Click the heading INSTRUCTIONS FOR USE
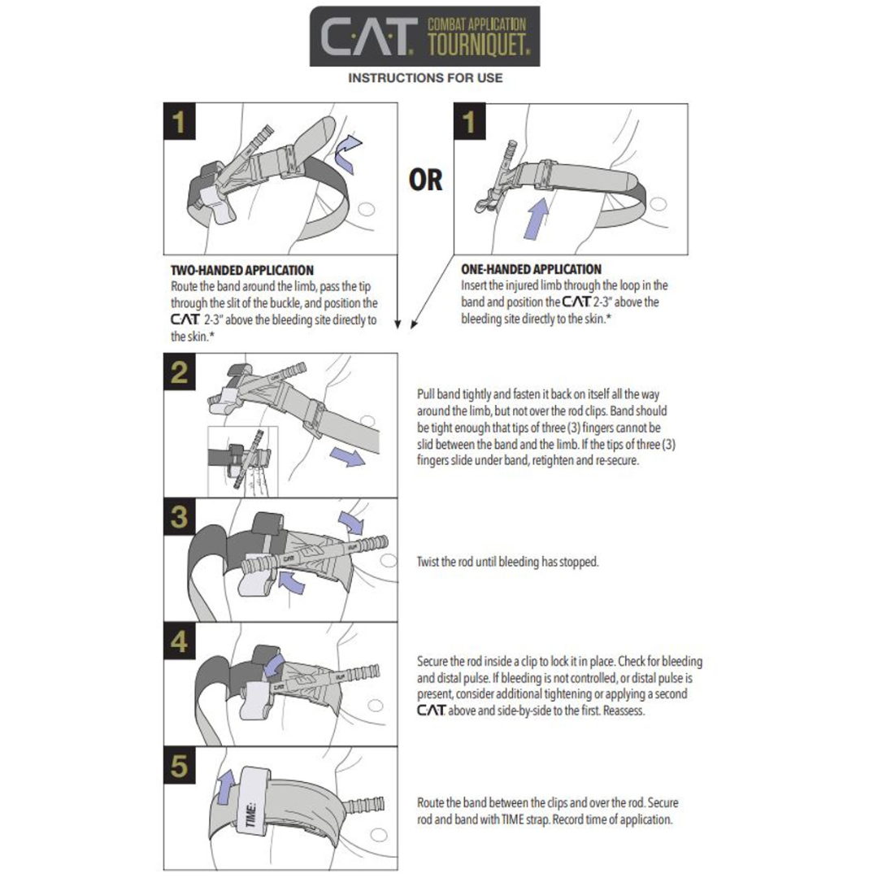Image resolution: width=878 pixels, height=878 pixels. (425, 78)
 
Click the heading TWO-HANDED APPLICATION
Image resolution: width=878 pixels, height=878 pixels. (242, 269)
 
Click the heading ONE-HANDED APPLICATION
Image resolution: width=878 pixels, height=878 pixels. (531, 269)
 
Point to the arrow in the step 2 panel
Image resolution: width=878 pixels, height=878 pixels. (349, 458)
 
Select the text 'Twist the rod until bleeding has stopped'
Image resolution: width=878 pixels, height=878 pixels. (507, 562)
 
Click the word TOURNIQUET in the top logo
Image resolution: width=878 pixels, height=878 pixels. (482, 43)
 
